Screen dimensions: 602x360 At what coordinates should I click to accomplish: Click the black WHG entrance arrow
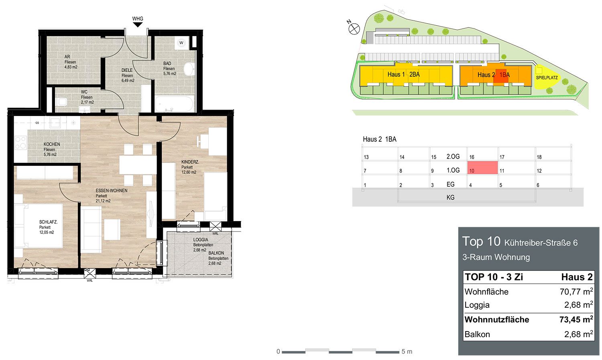coord(138,25)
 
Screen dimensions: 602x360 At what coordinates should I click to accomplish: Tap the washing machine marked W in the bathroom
coord(181,43)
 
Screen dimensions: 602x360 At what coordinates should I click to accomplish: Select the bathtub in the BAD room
coord(175,104)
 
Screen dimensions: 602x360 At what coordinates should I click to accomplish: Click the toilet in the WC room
coord(61,102)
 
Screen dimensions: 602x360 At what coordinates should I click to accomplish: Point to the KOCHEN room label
coord(52,144)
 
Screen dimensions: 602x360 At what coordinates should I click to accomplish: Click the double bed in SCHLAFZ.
coord(43,226)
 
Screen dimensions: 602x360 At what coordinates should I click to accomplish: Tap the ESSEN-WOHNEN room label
coord(112,191)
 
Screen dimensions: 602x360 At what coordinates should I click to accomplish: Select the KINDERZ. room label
coord(190,162)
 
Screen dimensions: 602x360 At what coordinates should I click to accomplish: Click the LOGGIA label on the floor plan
coord(201,240)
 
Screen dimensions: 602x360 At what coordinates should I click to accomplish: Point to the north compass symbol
coord(354,29)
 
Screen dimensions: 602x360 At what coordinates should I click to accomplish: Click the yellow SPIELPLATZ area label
coord(547,77)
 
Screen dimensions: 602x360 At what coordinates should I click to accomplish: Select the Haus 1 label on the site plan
coord(396,74)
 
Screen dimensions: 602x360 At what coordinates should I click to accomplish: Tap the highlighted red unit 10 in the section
coord(482,168)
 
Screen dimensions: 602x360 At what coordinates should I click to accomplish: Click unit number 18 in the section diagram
coord(539,157)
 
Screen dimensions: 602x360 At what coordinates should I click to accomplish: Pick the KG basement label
coord(450,197)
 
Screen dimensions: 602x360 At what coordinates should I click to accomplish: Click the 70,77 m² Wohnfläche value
coord(576,291)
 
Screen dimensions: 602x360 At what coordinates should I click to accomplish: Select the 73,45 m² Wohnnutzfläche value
coord(576,319)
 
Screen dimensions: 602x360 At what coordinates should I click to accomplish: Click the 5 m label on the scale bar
coord(407,352)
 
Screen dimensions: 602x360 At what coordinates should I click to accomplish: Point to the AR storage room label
coord(67,57)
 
